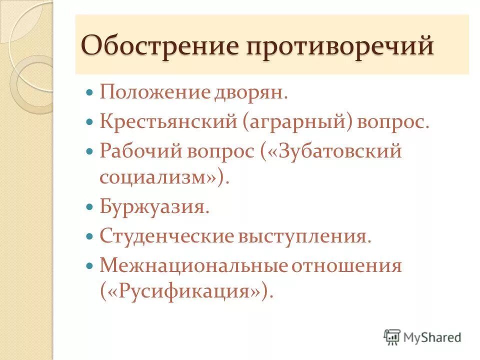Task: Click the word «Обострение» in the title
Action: tap(158, 46)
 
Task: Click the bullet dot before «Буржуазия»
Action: tap(90, 206)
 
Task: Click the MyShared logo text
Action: tap(432, 337)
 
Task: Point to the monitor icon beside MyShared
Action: tap(392, 337)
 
